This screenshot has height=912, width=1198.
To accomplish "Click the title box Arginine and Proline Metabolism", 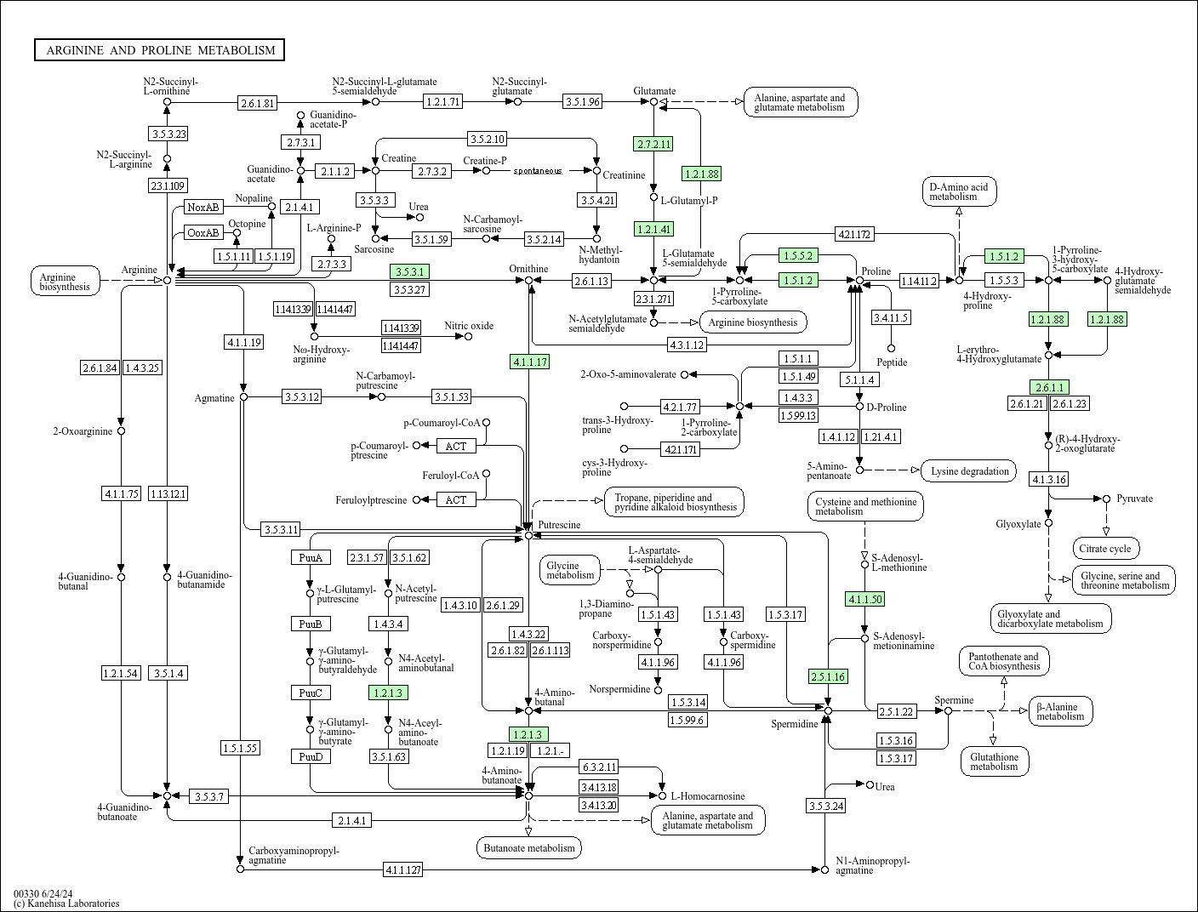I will click(160, 50).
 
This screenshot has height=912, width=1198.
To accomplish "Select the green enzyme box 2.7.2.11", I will click(653, 144).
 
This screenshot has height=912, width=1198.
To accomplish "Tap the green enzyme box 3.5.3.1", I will click(408, 271).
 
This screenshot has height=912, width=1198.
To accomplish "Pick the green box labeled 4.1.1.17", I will click(529, 362).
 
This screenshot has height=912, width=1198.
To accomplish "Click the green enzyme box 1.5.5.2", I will click(798, 255).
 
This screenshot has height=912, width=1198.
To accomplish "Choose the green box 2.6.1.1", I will click(1048, 387).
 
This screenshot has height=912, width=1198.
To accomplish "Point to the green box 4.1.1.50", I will click(864, 599).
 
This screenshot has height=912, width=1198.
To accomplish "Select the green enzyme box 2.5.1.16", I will click(828, 676).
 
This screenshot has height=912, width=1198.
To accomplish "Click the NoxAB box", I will click(203, 207).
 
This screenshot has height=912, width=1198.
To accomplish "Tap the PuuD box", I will click(310, 756).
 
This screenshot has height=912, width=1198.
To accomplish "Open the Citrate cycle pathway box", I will click(1106, 549).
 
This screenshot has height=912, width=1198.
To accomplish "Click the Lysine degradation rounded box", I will click(969, 471).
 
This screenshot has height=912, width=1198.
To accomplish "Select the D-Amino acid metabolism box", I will click(958, 191).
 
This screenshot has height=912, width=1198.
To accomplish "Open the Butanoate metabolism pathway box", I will click(529, 847).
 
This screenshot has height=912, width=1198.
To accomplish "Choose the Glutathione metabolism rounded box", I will click(994, 761).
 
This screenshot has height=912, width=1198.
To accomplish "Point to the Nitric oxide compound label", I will click(469, 326).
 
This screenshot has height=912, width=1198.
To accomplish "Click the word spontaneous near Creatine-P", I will click(537, 171).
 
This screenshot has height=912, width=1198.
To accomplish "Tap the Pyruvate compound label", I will click(1135, 499).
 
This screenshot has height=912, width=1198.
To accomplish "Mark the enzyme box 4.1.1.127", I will click(402, 869).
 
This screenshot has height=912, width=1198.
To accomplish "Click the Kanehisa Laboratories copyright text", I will click(66, 903).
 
